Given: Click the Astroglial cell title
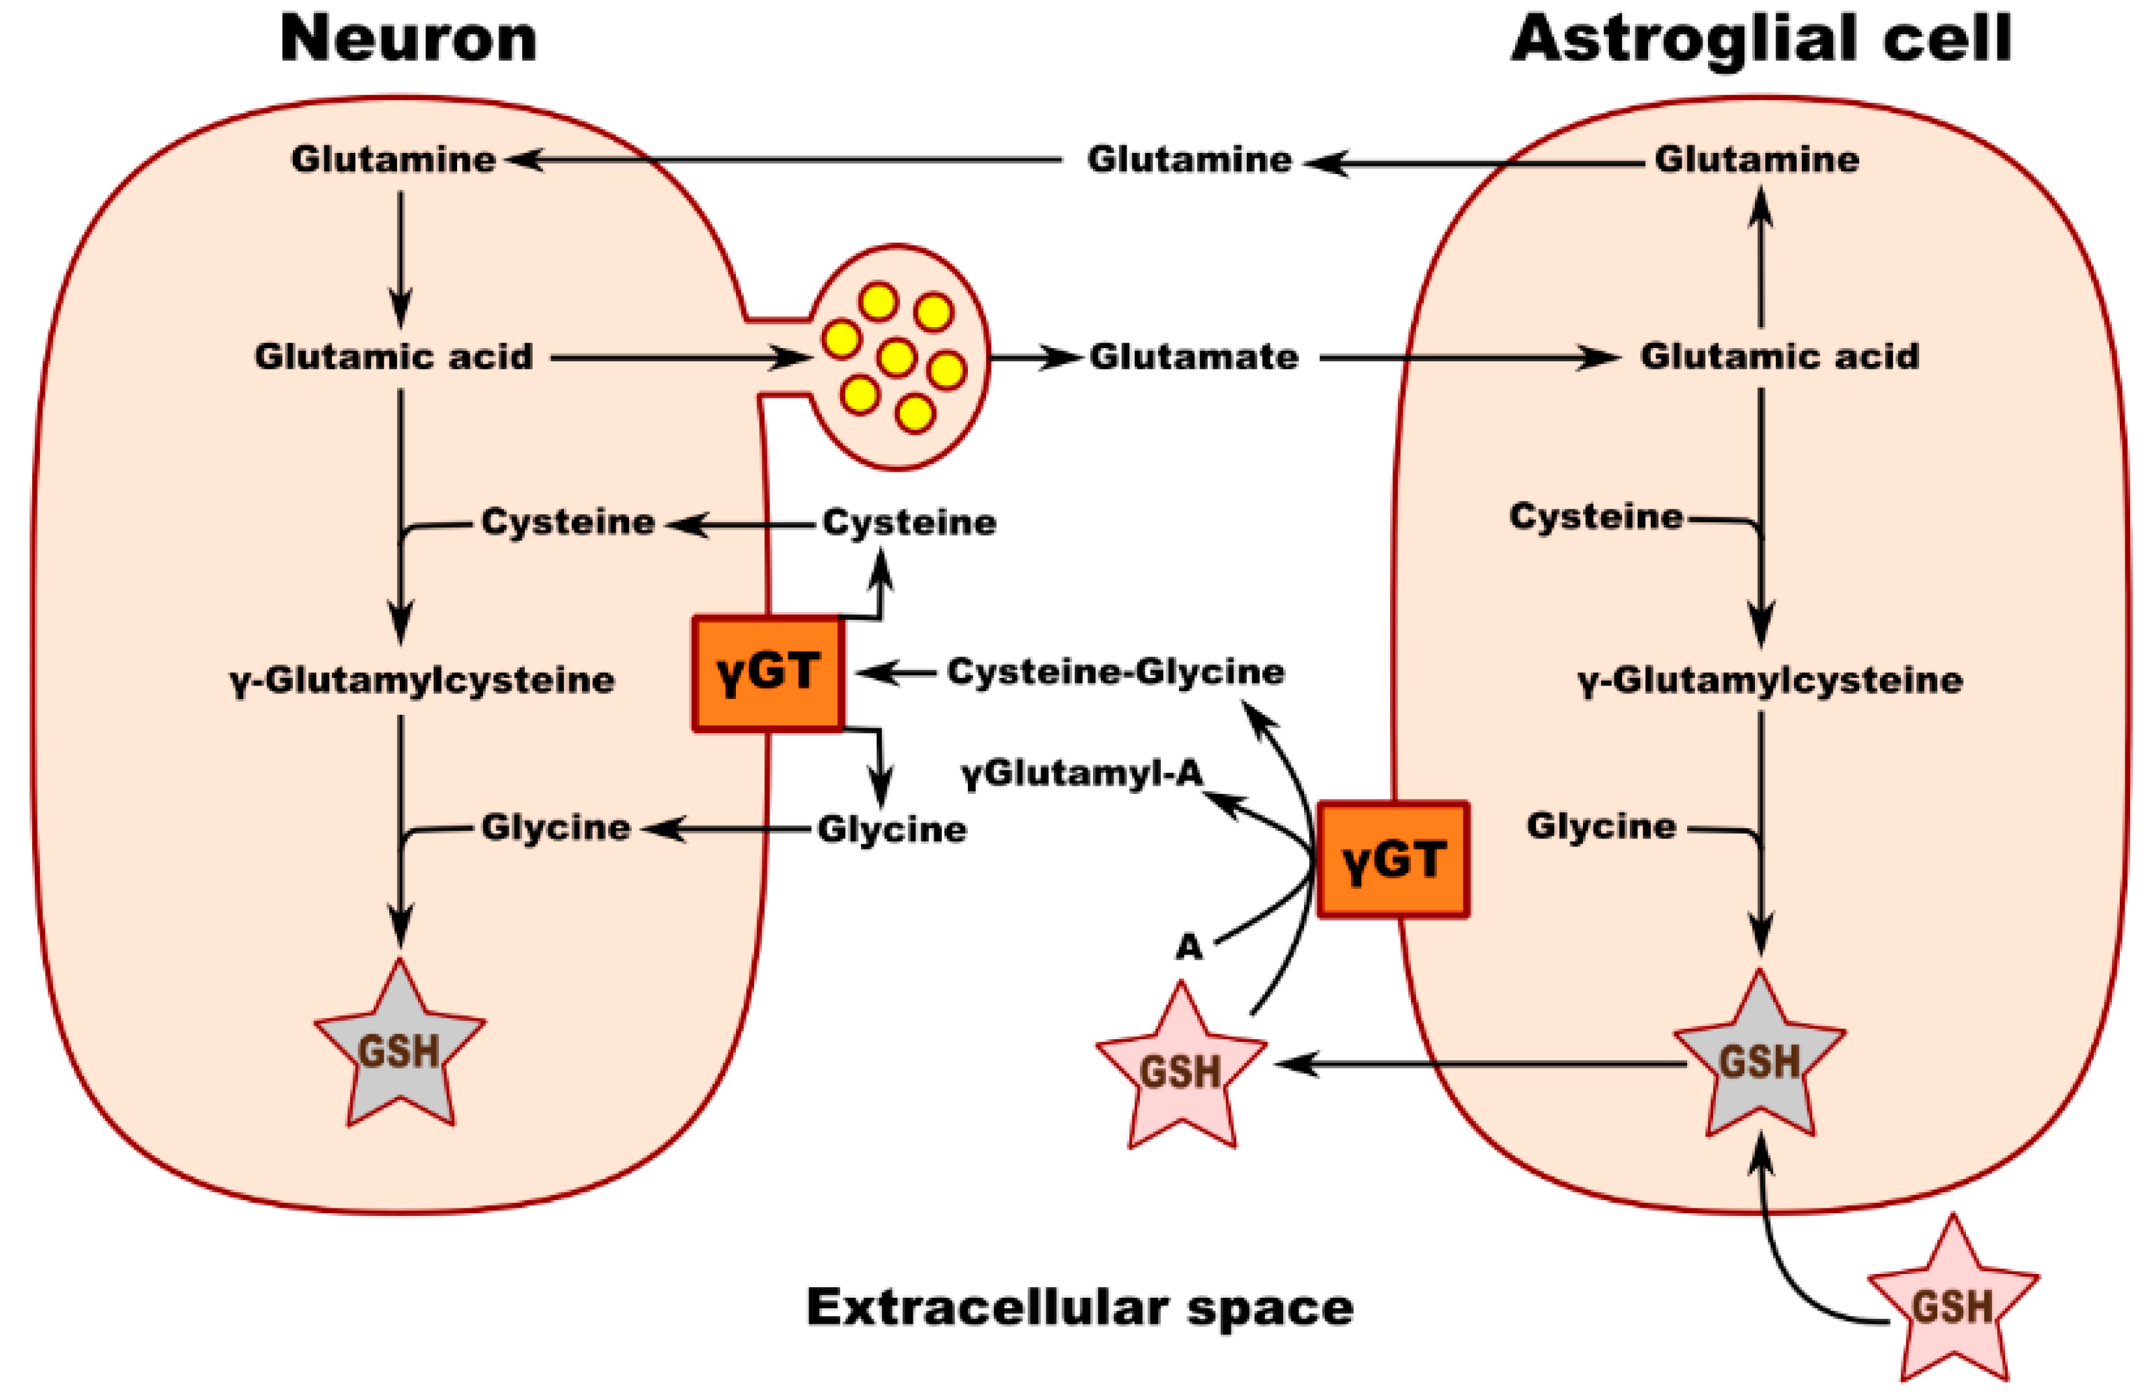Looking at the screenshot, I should pyautogui.click(x=1761, y=40).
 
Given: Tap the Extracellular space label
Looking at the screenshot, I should pyautogui.click(x=1080, y=1307).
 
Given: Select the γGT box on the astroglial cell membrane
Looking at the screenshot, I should pyautogui.click(x=1393, y=860).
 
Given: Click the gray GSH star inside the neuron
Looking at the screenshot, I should pyautogui.click(x=400, y=1050).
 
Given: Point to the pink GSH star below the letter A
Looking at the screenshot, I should pyautogui.click(x=1181, y=1072).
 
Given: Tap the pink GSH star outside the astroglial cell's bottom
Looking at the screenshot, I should pyautogui.click(x=1952, y=1307).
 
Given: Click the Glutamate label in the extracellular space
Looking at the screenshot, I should pyautogui.click(x=1194, y=357).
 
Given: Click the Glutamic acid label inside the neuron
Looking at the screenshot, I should pyautogui.click(x=393, y=357).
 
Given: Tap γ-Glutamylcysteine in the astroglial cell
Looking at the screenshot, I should pyautogui.click(x=1770, y=680).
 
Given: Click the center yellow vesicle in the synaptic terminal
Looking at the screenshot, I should pyautogui.click(x=896, y=357).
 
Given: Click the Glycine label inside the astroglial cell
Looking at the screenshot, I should pyautogui.click(x=1601, y=826).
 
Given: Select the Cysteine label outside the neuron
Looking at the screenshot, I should pyautogui.click(x=909, y=522).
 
